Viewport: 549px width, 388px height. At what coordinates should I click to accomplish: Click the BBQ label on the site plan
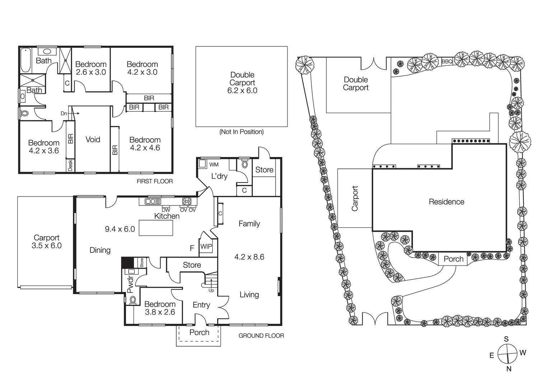(x=447, y=61)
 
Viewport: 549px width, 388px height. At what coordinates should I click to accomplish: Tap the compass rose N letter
(x=508, y=369)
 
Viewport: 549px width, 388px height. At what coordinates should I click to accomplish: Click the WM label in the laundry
(x=214, y=165)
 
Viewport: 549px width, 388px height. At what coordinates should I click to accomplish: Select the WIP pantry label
(x=206, y=246)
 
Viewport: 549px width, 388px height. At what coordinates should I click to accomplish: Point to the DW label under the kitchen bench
(x=166, y=210)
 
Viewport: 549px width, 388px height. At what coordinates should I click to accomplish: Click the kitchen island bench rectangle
(x=156, y=228)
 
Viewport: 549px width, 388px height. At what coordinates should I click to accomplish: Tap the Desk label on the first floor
(x=70, y=165)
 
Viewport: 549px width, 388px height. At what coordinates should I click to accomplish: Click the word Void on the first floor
(x=93, y=139)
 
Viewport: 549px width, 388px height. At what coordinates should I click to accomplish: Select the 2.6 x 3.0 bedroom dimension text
(x=91, y=72)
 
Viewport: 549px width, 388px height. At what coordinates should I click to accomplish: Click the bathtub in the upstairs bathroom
(x=25, y=60)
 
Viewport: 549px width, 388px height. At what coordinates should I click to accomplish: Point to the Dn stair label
(x=64, y=114)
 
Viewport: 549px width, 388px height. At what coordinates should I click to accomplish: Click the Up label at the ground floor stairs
(x=211, y=290)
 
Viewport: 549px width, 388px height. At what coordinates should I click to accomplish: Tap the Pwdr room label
(x=130, y=284)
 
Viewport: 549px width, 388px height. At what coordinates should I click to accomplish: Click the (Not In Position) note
(x=241, y=132)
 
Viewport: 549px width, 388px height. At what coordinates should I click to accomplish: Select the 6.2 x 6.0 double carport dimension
(x=242, y=91)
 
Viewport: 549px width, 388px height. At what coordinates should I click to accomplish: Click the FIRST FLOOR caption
(x=154, y=181)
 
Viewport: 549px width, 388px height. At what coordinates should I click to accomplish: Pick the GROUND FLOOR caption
(x=261, y=336)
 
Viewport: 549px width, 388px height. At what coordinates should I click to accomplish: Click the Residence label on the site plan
(x=446, y=202)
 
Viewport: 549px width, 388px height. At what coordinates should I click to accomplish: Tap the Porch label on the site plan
(x=453, y=259)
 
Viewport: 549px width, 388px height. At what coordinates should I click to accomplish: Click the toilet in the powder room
(x=132, y=300)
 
